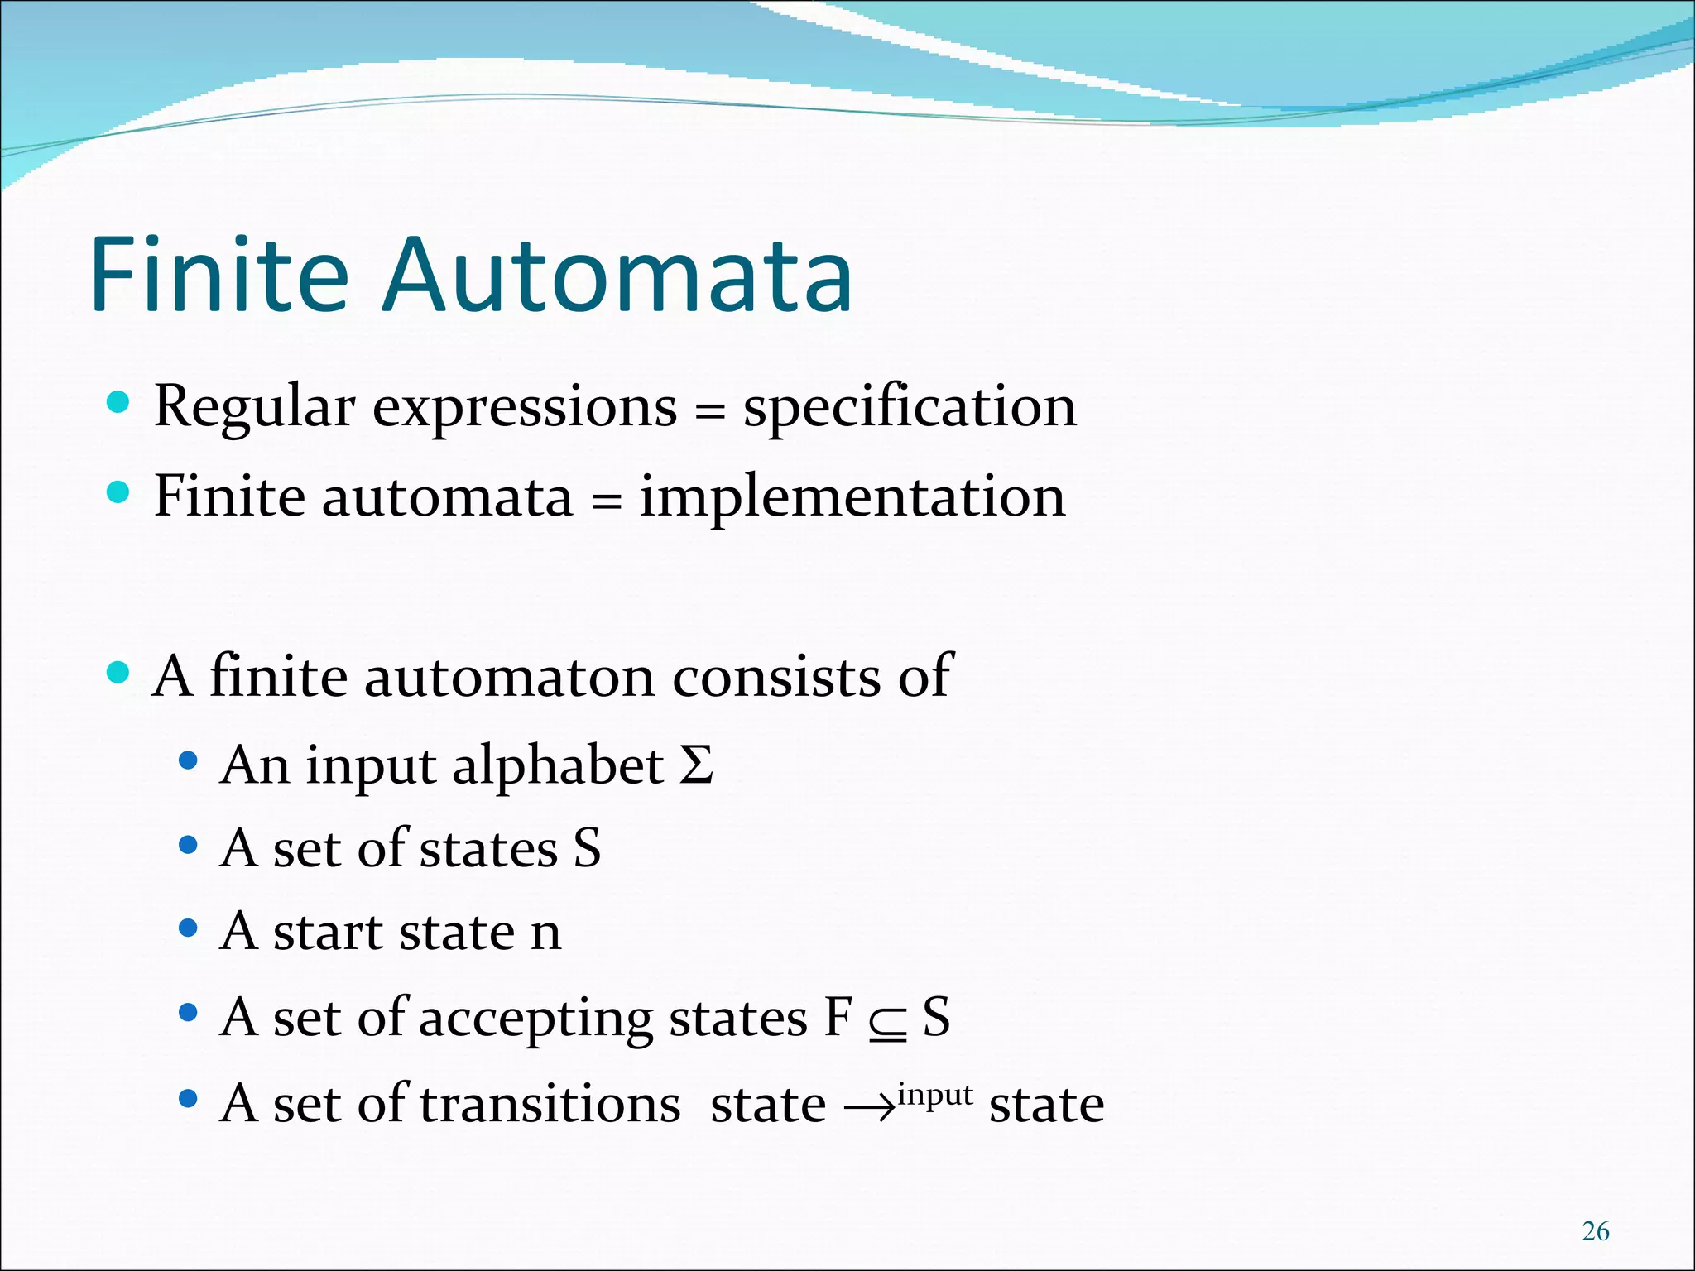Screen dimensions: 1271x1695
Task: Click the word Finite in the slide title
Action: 219,275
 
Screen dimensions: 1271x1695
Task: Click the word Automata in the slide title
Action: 617,275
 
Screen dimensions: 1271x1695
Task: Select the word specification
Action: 910,407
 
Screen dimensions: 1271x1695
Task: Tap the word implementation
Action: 852,497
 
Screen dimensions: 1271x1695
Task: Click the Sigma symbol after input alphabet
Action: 696,765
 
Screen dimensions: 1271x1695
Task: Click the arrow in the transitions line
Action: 870,1107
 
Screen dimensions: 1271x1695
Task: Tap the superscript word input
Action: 935,1094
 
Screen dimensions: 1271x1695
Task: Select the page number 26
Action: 1595,1231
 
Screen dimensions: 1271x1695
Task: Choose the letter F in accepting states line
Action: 838,1017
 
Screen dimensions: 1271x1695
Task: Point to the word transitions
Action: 550,1104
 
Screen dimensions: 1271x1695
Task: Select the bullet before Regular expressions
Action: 118,403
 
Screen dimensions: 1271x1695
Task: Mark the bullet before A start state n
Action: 189,928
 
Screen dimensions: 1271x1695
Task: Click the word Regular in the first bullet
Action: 254,407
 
